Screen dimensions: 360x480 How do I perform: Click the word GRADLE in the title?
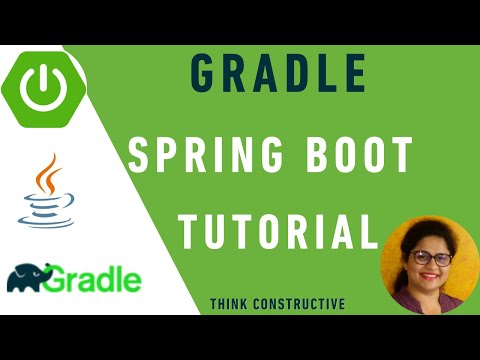277,76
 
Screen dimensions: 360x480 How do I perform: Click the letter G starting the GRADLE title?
203,76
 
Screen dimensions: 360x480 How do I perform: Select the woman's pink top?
425,303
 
